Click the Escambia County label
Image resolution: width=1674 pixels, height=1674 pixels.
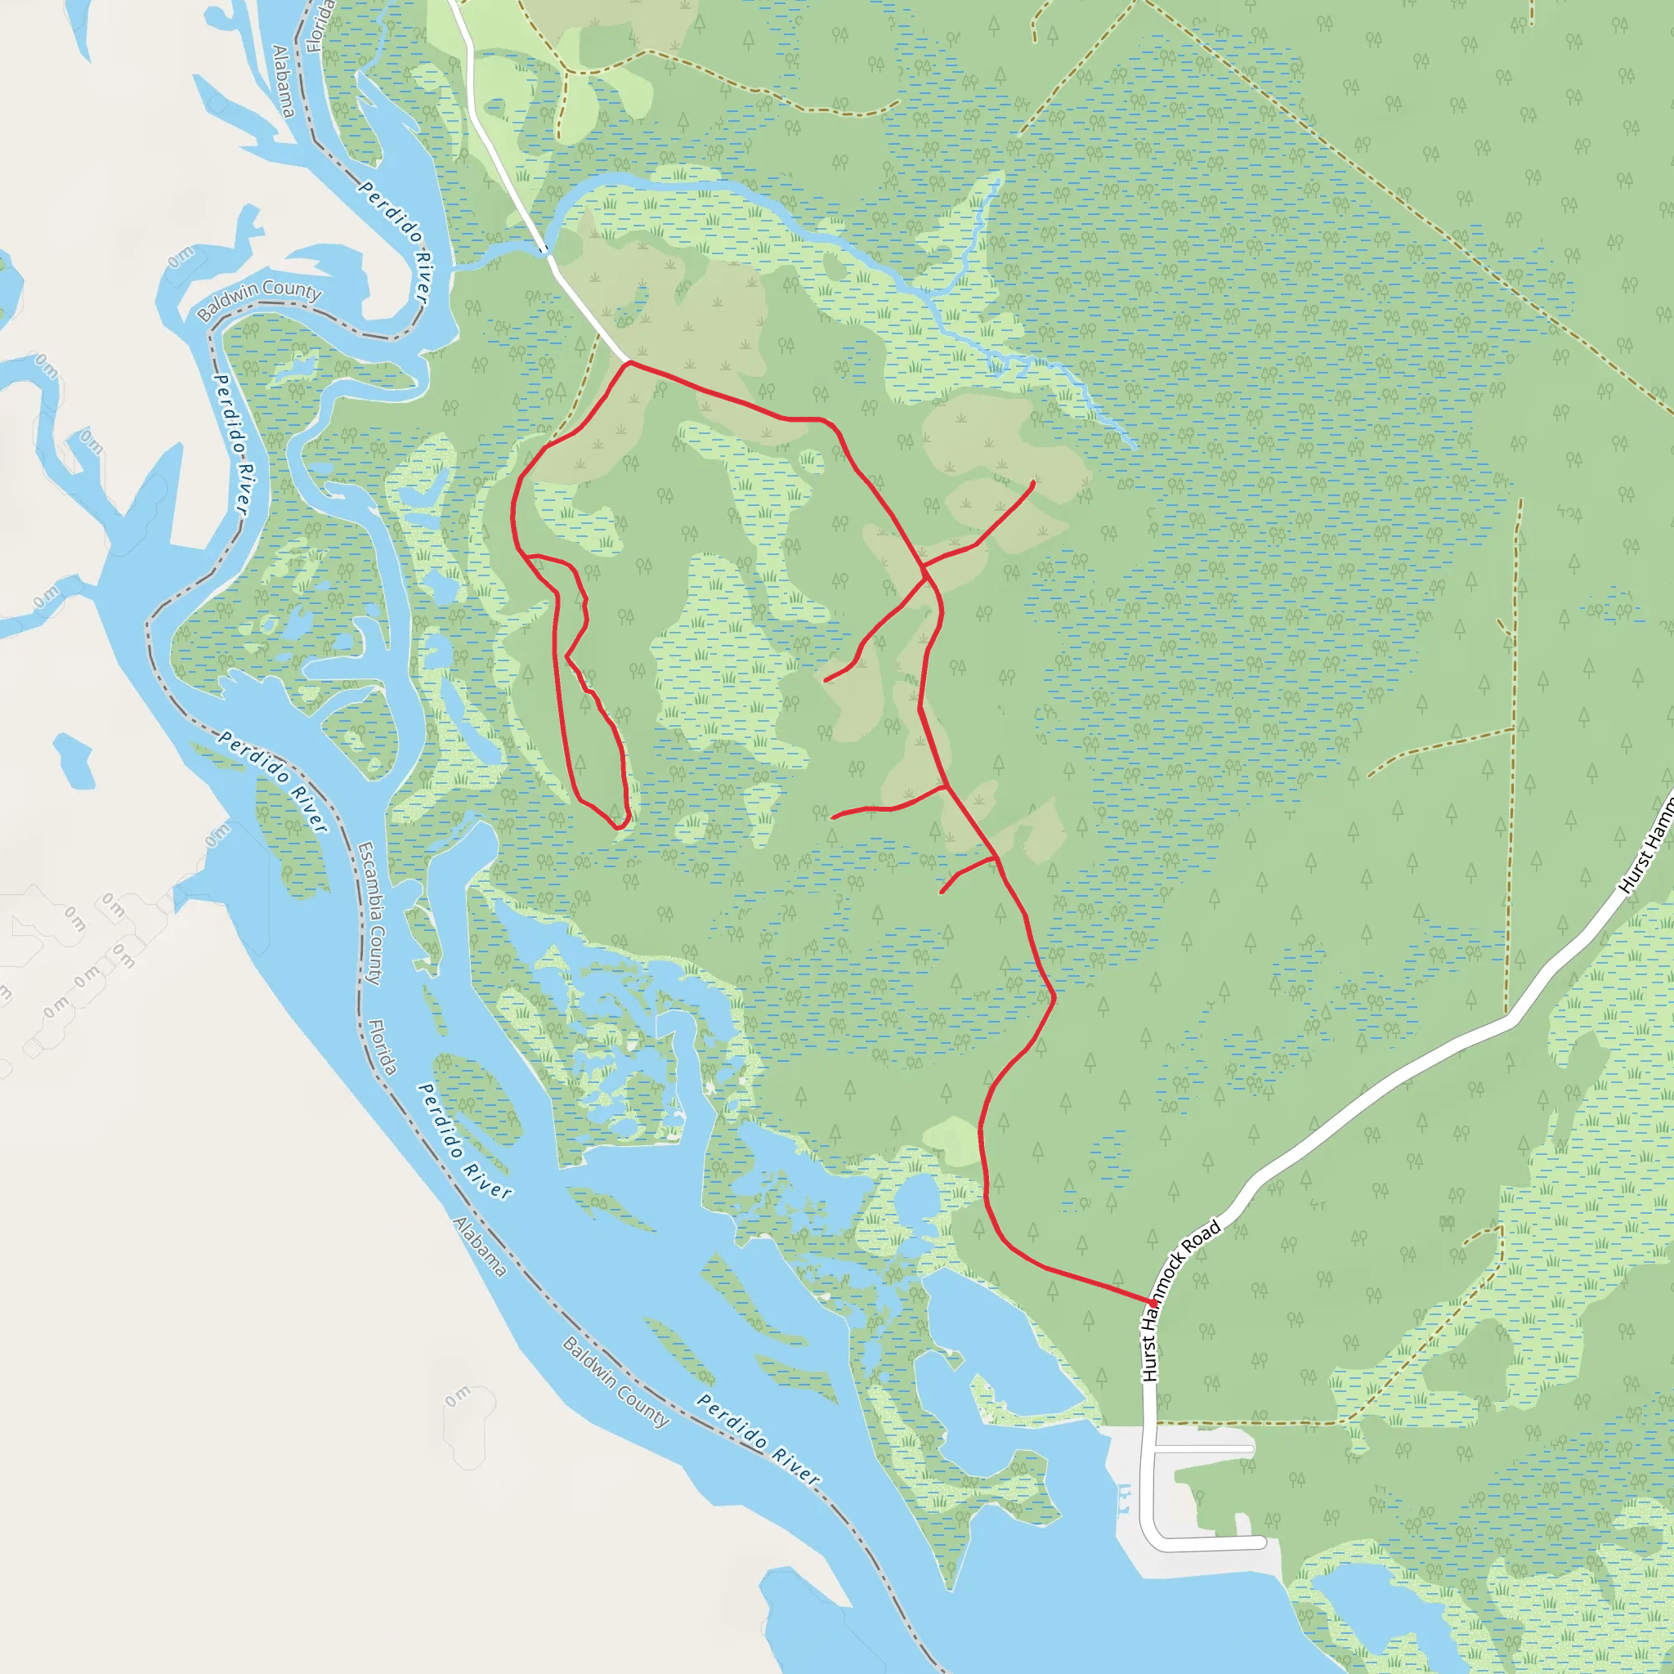pyautogui.click(x=369, y=913)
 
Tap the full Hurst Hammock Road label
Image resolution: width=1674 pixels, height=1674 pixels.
pyautogui.click(x=1180, y=1300)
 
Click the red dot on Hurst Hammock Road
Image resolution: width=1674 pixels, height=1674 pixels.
pyautogui.click(x=1153, y=1302)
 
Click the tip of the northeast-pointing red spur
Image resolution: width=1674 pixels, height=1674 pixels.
pyautogui.click(x=1033, y=482)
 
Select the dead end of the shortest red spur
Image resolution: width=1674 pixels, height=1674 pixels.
pyautogui.click(x=942, y=892)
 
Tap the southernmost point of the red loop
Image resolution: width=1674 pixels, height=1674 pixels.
pyautogui.click(x=618, y=827)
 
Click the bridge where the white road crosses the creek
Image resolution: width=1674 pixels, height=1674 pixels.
pyautogui.click(x=545, y=250)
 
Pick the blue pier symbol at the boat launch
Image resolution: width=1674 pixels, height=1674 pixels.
pyautogui.click(x=1125, y=1500)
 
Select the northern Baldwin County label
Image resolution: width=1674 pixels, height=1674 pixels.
pyautogui.click(x=258, y=299)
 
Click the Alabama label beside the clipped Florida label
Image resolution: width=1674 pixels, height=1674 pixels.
pyautogui.click(x=284, y=81)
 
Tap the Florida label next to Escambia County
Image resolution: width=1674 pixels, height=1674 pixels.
pyautogui.click(x=382, y=1048)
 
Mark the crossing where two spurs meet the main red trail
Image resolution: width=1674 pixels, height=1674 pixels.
pyautogui.click(x=924, y=568)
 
